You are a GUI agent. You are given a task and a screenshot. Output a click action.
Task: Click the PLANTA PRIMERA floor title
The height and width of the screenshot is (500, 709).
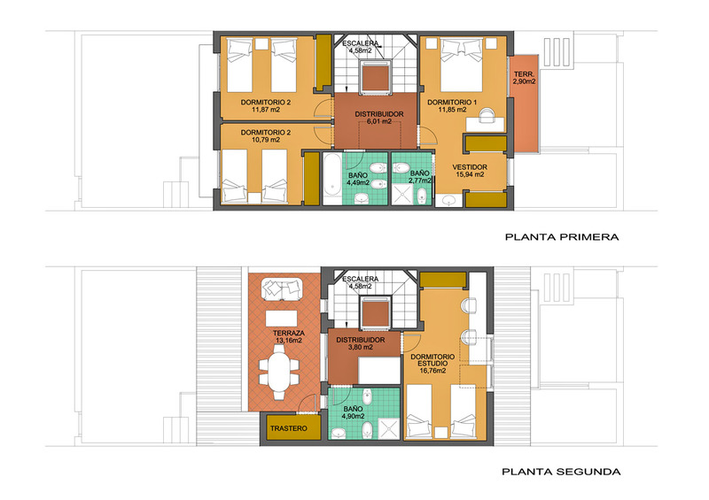[x=562, y=236]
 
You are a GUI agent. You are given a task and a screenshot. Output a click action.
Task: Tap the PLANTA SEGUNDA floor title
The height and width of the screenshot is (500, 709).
[x=561, y=472]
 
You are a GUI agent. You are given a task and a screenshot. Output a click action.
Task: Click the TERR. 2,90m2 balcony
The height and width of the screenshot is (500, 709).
[x=525, y=104]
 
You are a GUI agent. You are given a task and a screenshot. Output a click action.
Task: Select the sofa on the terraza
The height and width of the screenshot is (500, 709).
[x=282, y=289]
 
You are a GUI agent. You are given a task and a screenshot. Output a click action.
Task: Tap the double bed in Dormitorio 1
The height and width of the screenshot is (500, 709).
[x=462, y=65]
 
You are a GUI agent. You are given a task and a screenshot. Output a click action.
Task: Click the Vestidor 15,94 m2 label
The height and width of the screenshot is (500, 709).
[x=470, y=171]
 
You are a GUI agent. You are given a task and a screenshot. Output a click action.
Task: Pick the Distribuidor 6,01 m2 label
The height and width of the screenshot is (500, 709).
[x=379, y=118]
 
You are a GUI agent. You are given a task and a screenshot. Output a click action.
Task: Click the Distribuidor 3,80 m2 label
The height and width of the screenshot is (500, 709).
[x=361, y=343]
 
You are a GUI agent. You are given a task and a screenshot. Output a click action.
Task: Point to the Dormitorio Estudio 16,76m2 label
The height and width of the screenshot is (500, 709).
[x=432, y=364]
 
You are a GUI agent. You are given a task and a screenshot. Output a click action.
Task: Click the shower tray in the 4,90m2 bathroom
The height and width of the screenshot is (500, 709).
[x=389, y=428]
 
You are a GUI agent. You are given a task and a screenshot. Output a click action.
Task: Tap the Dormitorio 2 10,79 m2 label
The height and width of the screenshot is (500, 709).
[x=266, y=136]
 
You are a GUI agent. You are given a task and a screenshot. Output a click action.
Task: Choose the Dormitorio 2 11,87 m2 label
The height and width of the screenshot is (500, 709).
[x=266, y=106]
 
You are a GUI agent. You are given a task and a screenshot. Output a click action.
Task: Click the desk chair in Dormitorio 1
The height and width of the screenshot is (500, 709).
[x=487, y=115]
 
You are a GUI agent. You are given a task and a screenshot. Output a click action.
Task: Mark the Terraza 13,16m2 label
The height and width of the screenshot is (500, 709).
[x=288, y=336]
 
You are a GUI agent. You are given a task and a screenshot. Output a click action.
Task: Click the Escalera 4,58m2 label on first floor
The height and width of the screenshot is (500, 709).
[x=361, y=47]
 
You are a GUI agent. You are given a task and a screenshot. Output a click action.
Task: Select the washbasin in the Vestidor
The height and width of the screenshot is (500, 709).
[x=449, y=200]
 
